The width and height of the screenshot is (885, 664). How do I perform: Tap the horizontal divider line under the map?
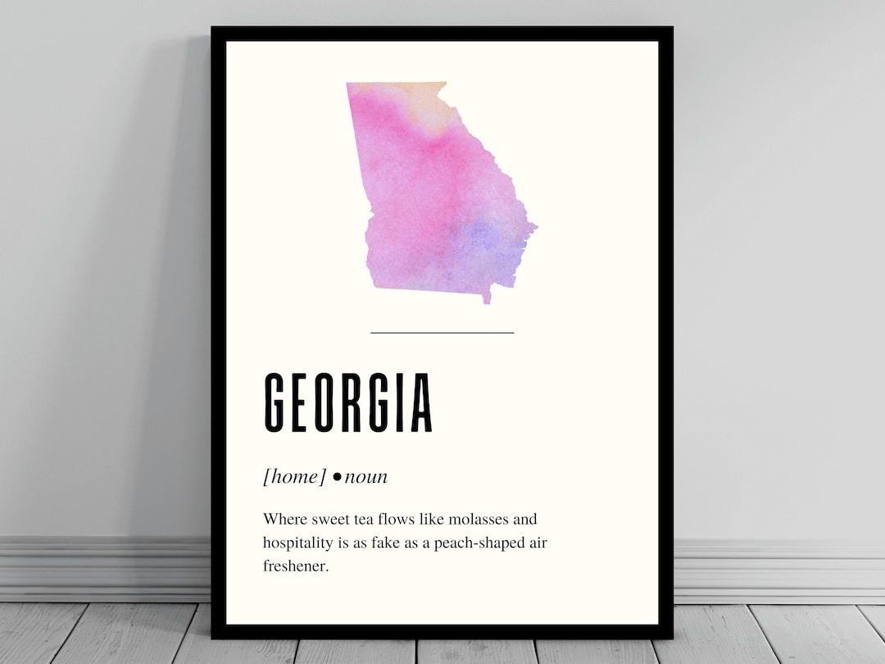tap(442, 333)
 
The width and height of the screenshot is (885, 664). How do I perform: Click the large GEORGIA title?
tap(348, 403)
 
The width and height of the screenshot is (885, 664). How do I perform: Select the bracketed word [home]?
tap(294, 476)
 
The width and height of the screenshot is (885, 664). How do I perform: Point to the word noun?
tap(365, 476)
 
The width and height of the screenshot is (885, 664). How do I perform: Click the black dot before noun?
tap(337, 477)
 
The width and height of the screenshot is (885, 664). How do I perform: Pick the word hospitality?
tap(300, 543)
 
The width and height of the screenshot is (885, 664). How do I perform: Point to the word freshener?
tap(296, 566)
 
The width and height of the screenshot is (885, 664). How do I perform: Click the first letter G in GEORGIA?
tap(275, 403)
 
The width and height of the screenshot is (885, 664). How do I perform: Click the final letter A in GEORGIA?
tap(421, 403)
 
